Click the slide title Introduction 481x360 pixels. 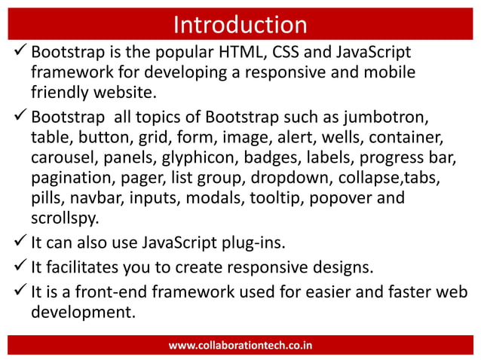[240, 25]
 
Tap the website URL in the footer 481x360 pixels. [240, 346]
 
